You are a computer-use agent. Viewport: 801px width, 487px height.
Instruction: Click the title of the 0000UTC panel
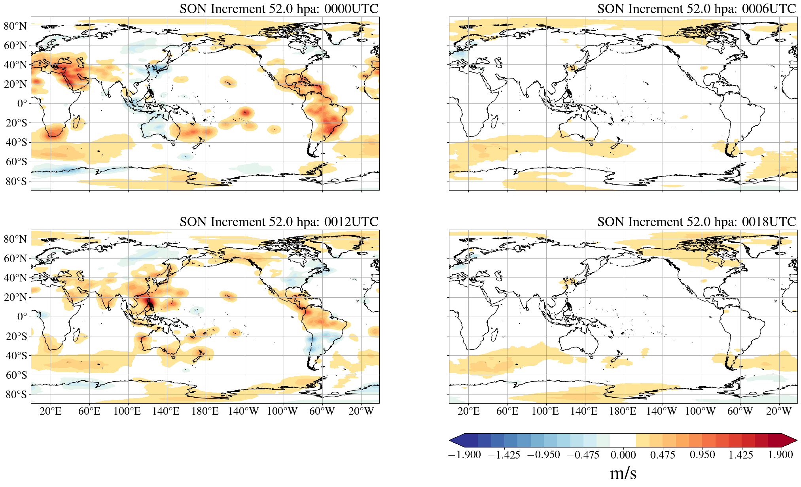(279, 9)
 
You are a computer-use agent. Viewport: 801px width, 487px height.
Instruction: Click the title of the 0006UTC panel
(697, 9)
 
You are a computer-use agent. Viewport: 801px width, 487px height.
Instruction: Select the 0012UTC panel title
(279, 222)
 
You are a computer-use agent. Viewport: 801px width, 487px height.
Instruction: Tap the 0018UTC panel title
(697, 222)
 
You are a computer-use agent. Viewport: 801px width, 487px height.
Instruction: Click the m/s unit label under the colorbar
(623, 473)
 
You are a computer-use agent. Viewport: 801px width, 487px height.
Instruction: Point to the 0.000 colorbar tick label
(623, 455)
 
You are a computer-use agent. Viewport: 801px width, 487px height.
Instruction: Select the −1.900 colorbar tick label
(464, 455)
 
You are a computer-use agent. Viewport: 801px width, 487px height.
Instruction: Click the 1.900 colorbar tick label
(780, 455)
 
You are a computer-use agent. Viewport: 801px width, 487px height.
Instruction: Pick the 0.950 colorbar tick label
(702, 455)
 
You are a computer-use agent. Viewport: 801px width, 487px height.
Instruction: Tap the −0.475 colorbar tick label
(583, 455)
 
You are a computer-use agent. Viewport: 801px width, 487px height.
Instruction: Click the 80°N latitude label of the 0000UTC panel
(15, 26)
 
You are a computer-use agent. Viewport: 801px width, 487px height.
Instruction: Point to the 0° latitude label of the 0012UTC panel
(22, 317)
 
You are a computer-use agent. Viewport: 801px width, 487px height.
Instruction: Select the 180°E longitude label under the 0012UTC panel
(205, 411)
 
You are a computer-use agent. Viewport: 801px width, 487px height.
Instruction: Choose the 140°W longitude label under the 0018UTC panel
(661, 411)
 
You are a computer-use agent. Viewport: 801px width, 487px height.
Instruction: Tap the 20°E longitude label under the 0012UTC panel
(51, 411)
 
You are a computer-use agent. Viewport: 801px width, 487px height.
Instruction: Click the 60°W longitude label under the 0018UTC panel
(740, 411)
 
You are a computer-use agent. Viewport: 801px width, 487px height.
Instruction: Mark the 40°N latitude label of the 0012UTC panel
(15, 278)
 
